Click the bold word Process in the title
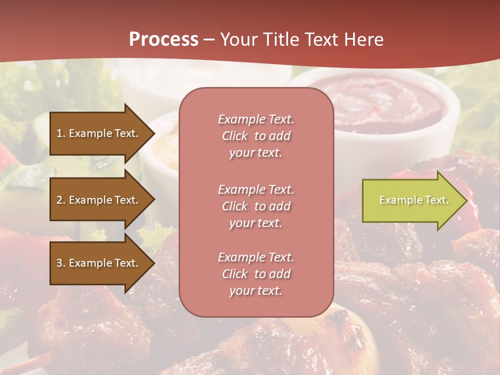tap(164, 40)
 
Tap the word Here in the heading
tap(364, 40)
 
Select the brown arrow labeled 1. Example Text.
tap(99, 133)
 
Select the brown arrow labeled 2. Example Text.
tap(99, 200)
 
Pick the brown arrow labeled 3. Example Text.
tap(99, 263)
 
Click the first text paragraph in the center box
tap(256, 136)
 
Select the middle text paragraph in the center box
tap(256, 206)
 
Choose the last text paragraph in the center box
tap(256, 274)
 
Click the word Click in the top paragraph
tap(235, 136)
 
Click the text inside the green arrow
tap(414, 201)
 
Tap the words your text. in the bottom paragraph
tap(256, 291)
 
